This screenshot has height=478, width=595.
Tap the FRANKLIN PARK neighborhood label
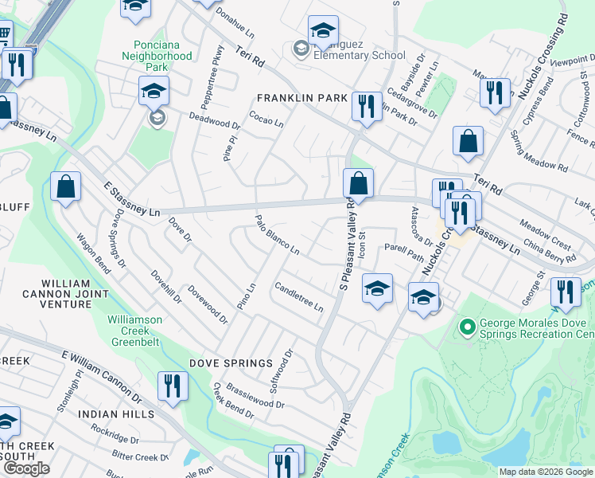[301, 98]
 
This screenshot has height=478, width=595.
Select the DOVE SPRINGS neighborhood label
[231, 363]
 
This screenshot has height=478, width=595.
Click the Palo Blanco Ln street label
[277, 235]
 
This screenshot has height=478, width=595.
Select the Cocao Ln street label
[266, 118]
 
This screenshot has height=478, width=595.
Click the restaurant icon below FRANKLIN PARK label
[366, 106]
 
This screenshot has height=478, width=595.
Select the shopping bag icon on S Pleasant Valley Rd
[359, 184]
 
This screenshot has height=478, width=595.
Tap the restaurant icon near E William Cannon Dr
[173, 386]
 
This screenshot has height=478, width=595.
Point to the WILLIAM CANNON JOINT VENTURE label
[66, 293]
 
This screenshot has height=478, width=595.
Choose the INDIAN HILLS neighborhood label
[115, 414]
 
